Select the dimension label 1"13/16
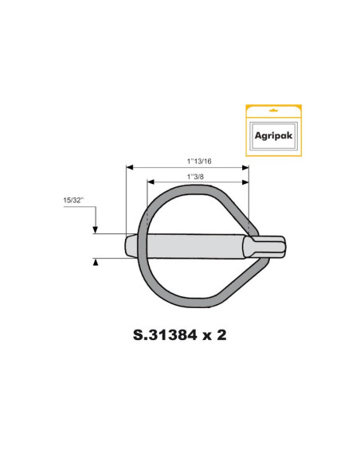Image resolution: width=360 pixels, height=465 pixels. (x=188, y=160)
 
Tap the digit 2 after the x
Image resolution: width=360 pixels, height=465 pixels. (x=221, y=334)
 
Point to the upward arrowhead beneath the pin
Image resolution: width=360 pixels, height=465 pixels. (x=96, y=261)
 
